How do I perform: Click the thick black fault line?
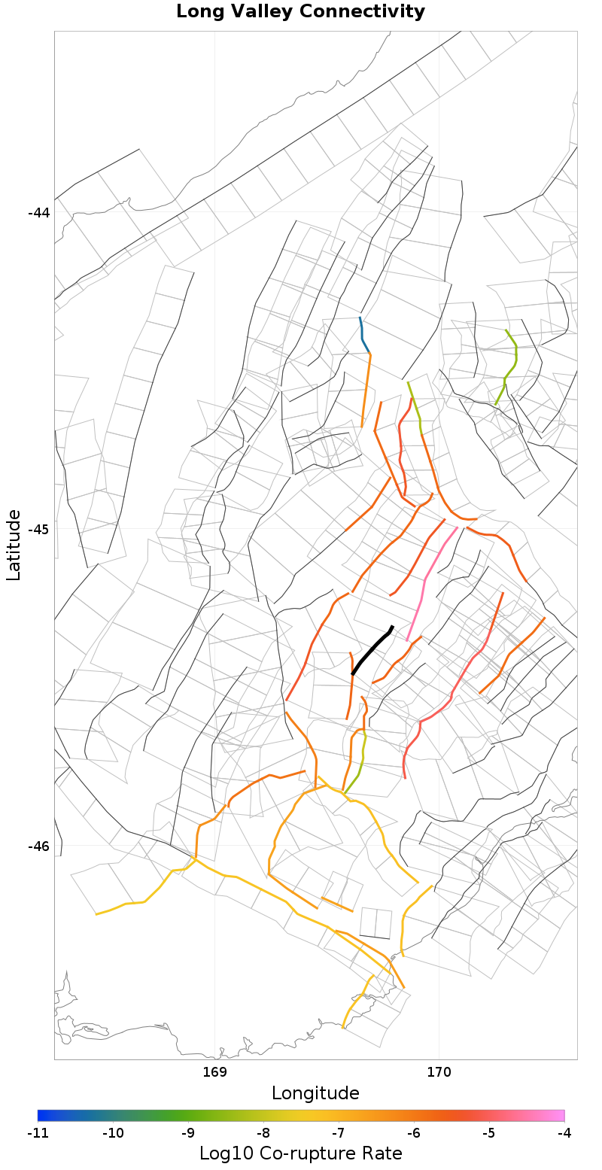coord(370,652)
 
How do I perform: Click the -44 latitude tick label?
coord(38,213)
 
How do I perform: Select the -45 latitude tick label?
coord(38,529)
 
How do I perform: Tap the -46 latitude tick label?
coord(38,846)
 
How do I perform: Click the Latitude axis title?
coord(14,545)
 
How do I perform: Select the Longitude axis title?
coord(315,1093)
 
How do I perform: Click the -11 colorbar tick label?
coord(38,1133)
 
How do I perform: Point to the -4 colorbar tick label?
coord(564,1133)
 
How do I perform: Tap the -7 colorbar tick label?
coord(339,1133)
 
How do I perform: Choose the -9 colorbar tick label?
coord(188,1133)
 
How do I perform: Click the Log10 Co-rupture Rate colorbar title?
coord(301,1153)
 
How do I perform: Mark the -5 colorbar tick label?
coord(489,1133)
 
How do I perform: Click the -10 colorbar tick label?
coord(113,1133)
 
